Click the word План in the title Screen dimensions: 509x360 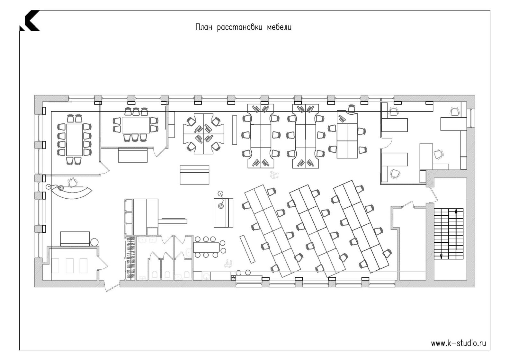(x=204, y=28)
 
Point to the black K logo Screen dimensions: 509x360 (x=30, y=21)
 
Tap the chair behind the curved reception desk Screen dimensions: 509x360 (x=73, y=182)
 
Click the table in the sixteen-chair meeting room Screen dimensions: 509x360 (x=75, y=140)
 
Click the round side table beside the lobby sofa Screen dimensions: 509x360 (x=94, y=242)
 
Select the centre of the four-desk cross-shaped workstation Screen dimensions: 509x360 (x=204, y=134)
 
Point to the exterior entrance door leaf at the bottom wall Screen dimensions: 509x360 (x=112, y=287)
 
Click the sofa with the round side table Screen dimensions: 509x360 (x=75, y=239)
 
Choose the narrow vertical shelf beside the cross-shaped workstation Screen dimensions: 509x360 (x=235, y=130)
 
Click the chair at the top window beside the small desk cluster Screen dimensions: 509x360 (x=351, y=109)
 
